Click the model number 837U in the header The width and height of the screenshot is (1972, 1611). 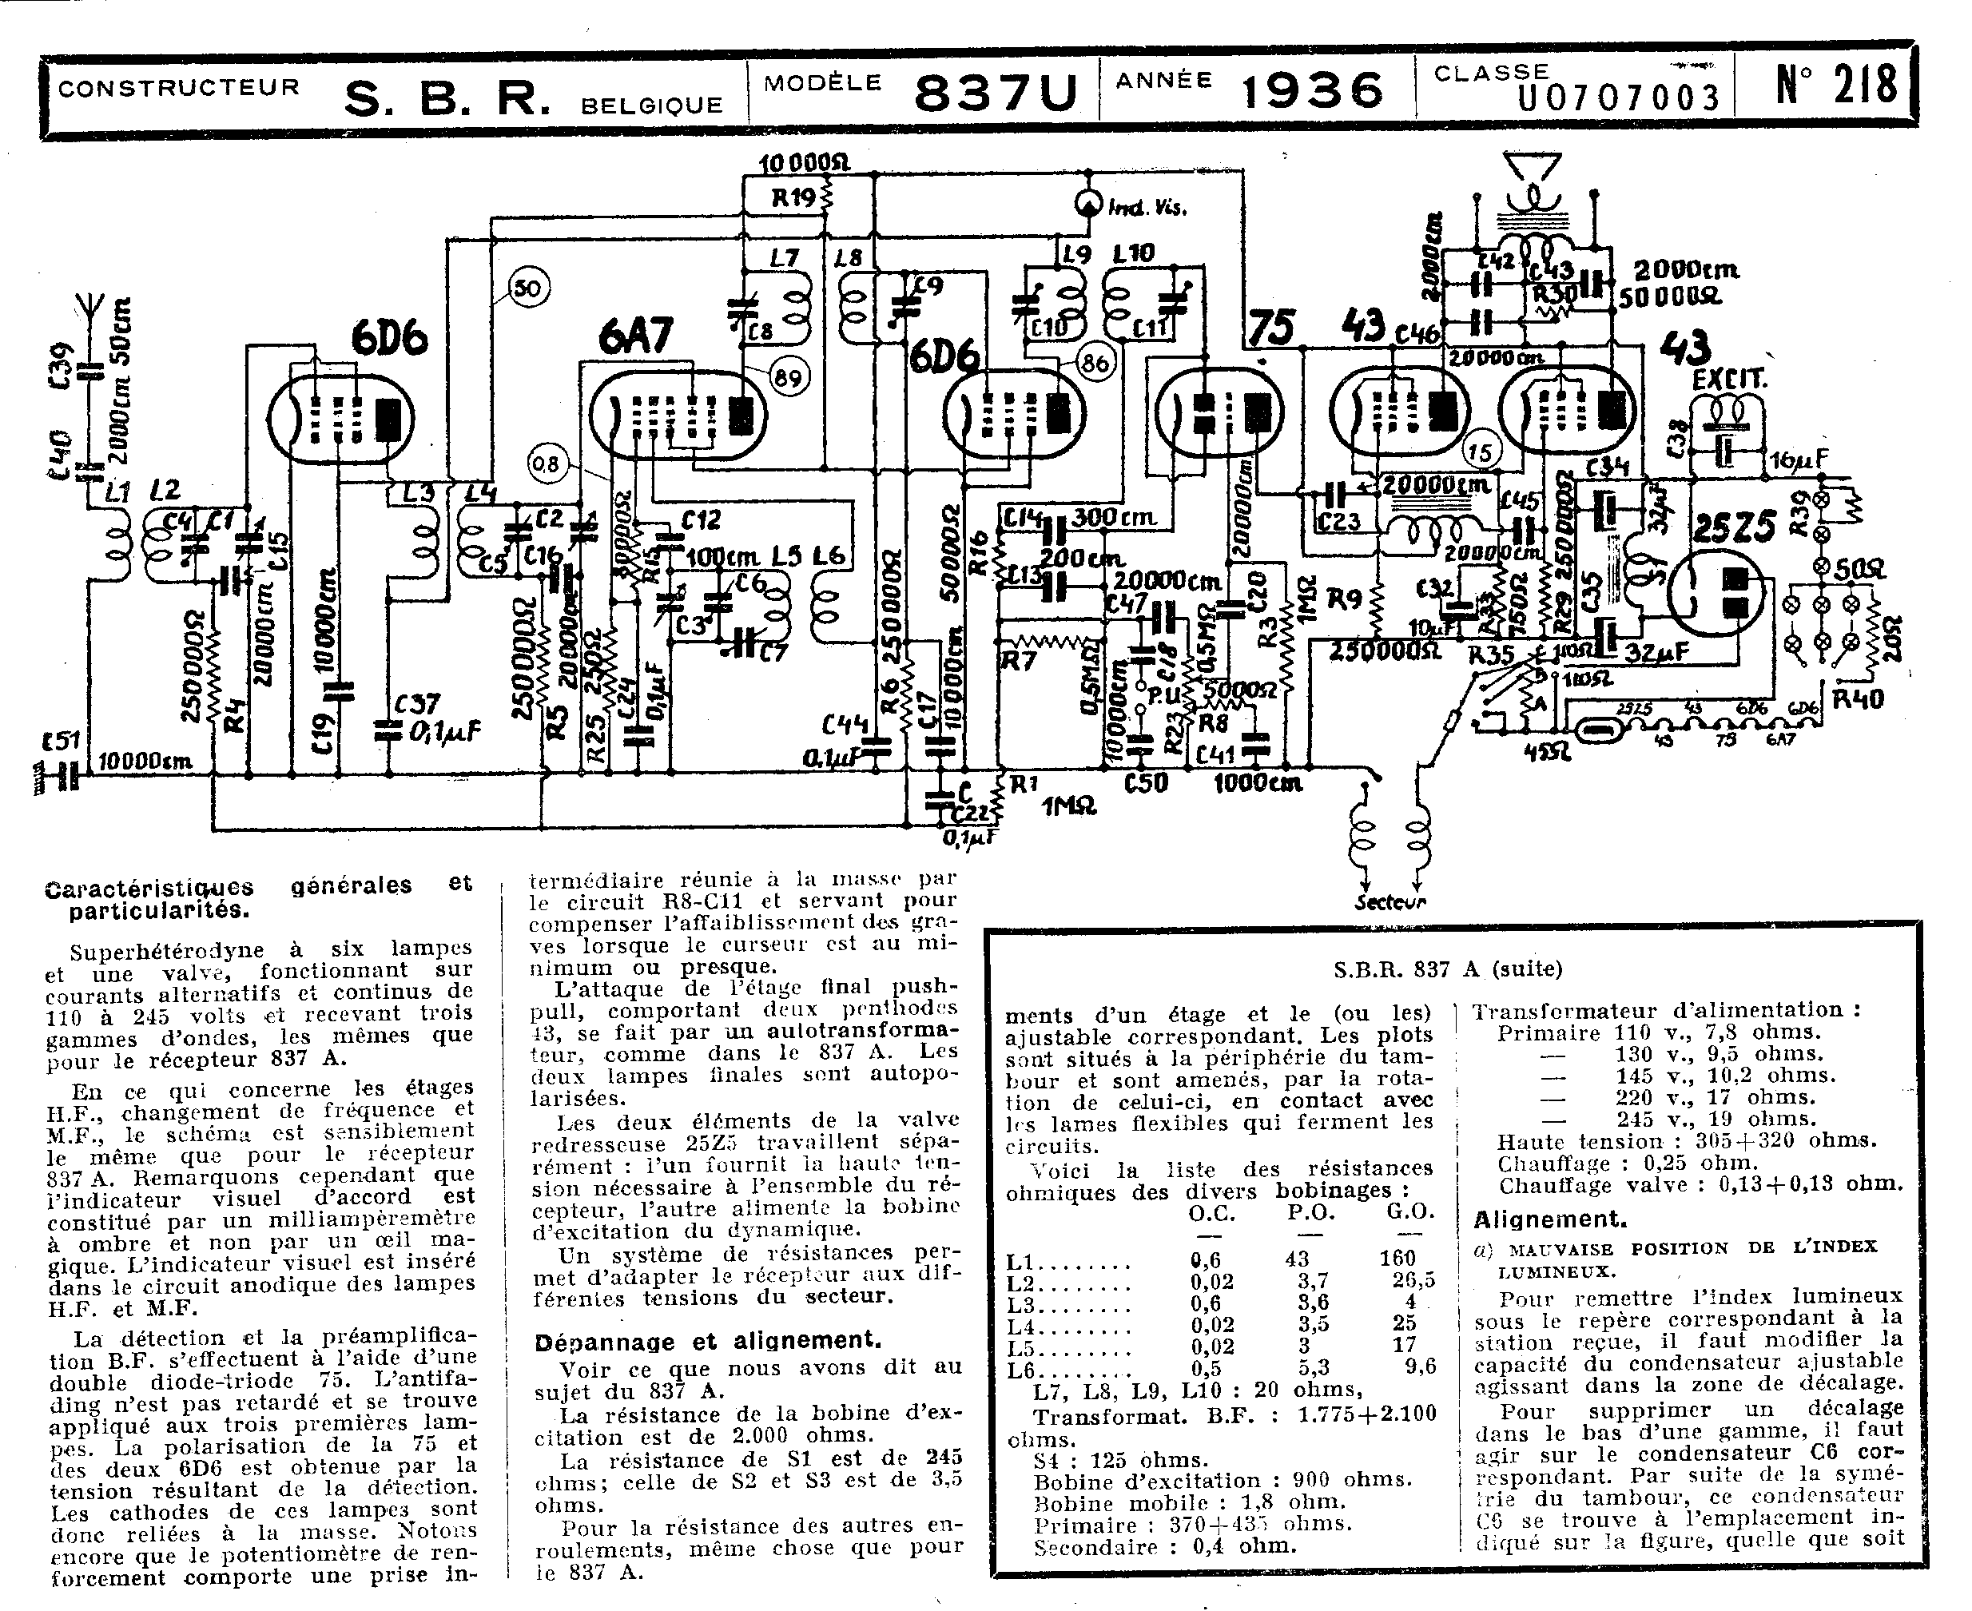coord(996,93)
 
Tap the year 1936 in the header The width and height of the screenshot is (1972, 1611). coord(1312,91)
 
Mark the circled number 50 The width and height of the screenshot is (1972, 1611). coord(529,288)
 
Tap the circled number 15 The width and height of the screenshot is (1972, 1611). coord(1481,452)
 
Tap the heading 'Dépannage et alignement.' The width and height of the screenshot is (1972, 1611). coord(707,1341)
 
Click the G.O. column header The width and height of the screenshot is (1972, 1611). coord(1410,1211)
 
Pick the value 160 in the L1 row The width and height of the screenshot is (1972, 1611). coord(1397,1259)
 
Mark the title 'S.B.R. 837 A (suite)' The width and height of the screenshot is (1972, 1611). coord(1448,969)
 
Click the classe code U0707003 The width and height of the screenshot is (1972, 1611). coord(1619,97)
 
